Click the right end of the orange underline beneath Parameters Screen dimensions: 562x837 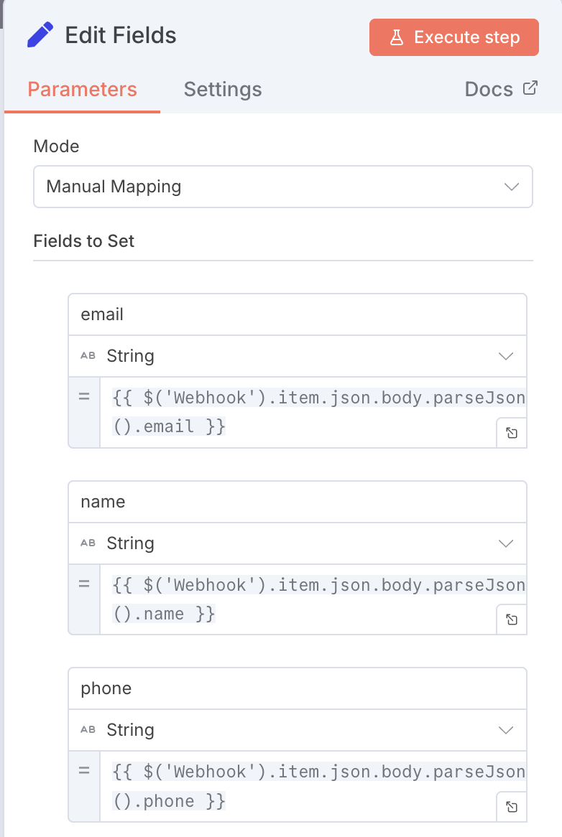coord(160,112)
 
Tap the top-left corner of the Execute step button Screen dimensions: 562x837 coord(369,19)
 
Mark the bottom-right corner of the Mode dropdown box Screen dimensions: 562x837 coord(533,207)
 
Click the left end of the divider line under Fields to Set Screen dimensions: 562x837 coord(34,261)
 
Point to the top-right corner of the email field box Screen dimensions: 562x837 coord(527,294)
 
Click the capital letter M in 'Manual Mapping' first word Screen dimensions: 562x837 coord(53,187)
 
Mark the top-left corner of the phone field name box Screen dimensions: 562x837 coord(69,668)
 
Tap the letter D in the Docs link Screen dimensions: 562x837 coord(471,89)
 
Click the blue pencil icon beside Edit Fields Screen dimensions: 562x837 coord(40,34)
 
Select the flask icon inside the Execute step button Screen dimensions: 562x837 coord(397,37)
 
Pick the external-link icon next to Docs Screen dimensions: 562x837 coord(530,88)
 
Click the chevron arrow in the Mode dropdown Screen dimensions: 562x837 coord(511,187)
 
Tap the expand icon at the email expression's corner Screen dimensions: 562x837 coord(512,433)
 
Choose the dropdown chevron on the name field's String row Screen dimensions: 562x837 coord(505,543)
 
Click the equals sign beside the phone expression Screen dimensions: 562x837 coord(84,771)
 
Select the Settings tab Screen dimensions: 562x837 coord(223,89)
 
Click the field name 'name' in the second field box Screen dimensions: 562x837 coord(103,502)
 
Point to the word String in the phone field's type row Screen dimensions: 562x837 coord(130,730)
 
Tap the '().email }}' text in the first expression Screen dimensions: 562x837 coord(170,426)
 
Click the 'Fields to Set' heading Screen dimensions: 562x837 coord(84,240)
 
